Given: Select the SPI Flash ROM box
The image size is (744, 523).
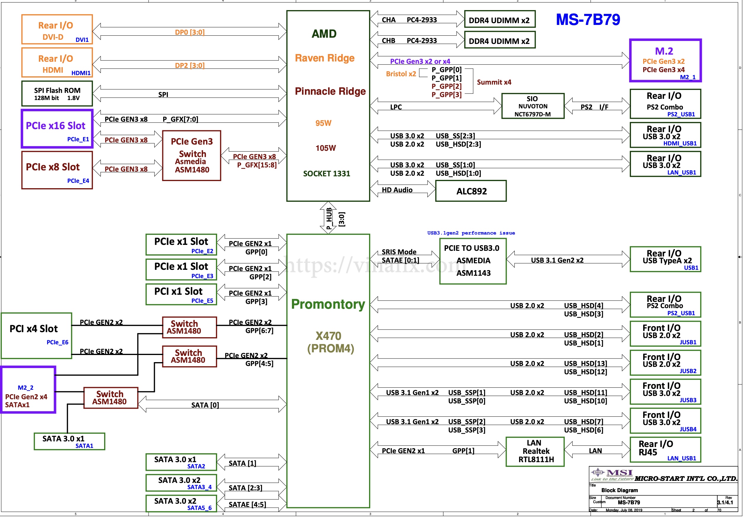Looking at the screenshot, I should pyautogui.click(x=57, y=94).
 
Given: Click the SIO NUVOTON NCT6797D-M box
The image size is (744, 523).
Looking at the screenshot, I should pyautogui.click(x=532, y=106).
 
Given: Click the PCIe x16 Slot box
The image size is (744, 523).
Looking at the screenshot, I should pyautogui.click(x=57, y=129).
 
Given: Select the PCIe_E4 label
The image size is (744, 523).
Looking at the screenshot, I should pyautogui.click(x=78, y=181).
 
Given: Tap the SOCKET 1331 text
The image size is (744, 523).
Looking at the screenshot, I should pyautogui.click(x=326, y=174).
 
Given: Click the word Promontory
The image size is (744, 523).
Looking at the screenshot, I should pyautogui.click(x=328, y=304).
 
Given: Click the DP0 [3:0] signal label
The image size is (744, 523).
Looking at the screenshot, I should pyautogui.click(x=190, y=32).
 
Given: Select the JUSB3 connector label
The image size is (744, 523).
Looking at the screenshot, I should pyautogui.click(x=688, y=400).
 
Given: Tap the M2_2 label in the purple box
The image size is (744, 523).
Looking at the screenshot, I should pyautogui.click(x=26, y=387).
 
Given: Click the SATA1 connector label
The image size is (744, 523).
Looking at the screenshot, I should pyautogui.click(x=84, y=446).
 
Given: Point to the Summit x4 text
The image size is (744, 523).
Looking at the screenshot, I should pyautogui.click(x=494, y=82).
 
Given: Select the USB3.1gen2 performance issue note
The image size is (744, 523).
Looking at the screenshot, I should pyautogui.click(x=471, y=233).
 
